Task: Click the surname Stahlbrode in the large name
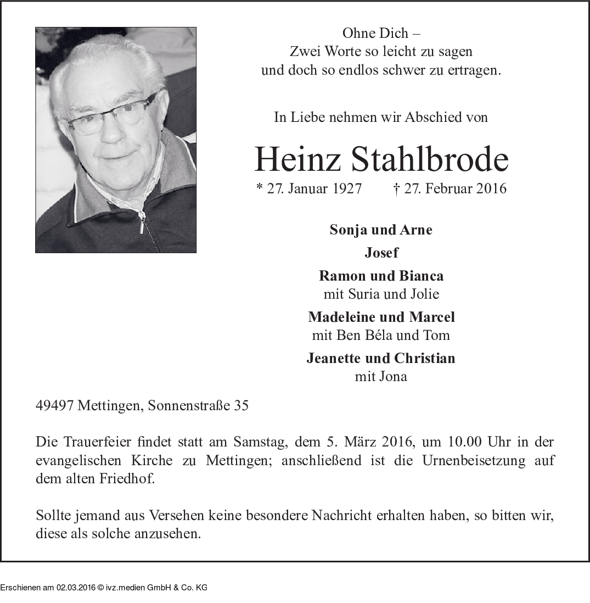429,159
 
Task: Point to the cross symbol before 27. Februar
396,188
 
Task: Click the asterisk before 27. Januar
260,188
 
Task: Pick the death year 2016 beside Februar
491,189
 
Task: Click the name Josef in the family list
381,253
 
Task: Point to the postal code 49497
55,406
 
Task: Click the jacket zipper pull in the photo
142,224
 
